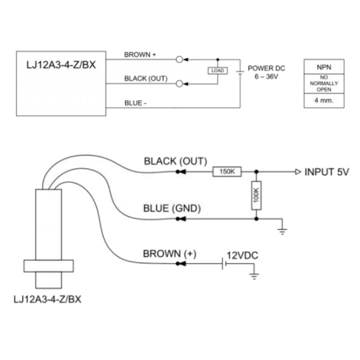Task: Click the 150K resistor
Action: click(x=227, y=172)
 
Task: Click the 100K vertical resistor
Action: click(x=256, y=195)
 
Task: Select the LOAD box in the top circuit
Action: click(x=217, y=70)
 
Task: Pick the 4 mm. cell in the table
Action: click(x=323, y=100)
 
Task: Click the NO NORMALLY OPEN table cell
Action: click(x=323, y=83)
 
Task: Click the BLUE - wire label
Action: click(x=135, y=103)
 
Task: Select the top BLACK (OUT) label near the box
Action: click(x=145, y=79)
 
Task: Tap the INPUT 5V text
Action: click(x=326, y=172)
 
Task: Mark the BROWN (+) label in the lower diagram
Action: click(x=170, y=253)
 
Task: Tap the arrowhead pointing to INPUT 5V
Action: click(x=298, y=172)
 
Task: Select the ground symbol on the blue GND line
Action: click(x=282, y=230)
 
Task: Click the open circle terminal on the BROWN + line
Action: click(x=180, y=59)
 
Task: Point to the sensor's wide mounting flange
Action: click(x=48, y=265)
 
